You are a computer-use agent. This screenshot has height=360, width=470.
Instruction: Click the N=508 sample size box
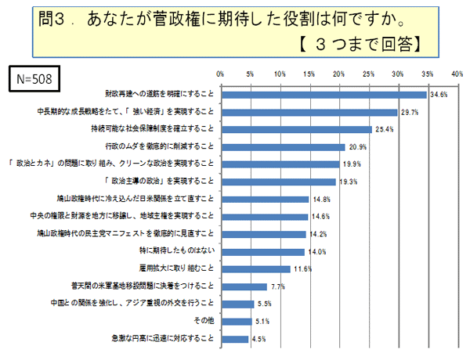tap(33, 80)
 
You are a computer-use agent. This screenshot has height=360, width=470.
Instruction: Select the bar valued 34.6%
tap(324, 94)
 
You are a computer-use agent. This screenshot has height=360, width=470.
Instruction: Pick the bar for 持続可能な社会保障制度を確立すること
tap(296, 129)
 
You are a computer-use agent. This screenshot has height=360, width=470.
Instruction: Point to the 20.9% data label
tap(357, 147)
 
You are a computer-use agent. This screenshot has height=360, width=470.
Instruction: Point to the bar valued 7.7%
tap(244, 286)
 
